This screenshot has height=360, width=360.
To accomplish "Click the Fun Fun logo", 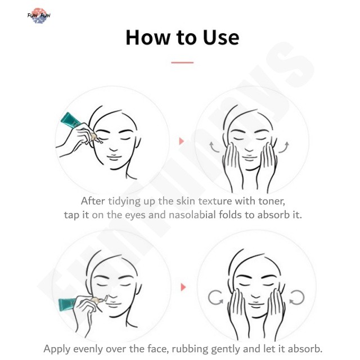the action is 39,16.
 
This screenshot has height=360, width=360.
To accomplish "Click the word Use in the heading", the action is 221,37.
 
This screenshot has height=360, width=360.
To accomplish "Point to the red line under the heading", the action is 182,62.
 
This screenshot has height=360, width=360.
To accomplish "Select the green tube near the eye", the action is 70,120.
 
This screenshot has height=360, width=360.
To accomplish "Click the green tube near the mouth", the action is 67,304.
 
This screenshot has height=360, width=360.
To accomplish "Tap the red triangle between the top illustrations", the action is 181,141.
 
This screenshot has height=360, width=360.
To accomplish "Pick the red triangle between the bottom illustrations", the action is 183,287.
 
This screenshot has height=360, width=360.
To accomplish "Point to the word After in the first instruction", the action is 93,201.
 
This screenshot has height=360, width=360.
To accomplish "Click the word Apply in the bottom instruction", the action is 57,349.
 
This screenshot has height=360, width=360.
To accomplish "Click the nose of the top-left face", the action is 113,148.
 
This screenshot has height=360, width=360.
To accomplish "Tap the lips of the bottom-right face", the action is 255,305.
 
